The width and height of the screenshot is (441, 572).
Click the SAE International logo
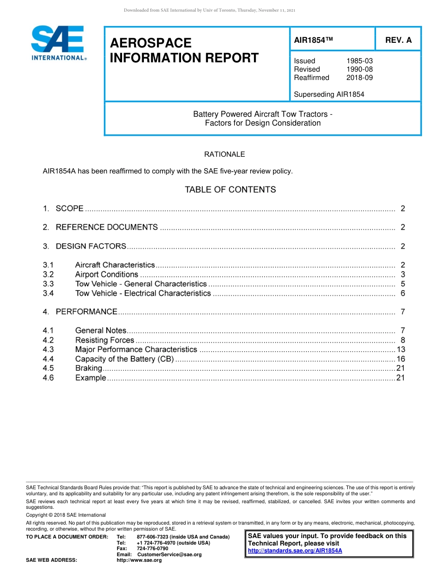pyautogui.click(x=58, y=43)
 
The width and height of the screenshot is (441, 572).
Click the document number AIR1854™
pyautogui.click(x=314, y=40)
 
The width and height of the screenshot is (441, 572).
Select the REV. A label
pyautogui.click(x=398, y=40)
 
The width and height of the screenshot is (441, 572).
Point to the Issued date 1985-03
pyautogui.click(x=359, y=61)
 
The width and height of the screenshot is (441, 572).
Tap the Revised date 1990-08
pyautogui.click(x=359, y=69)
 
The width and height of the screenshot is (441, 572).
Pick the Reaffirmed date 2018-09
pyautogui.click(x=359, y=78)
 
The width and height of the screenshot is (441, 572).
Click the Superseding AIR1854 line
pyautogui.click(x=329, y=94)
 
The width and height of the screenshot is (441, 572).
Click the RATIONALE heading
pyautogui.click(x=225, y=154)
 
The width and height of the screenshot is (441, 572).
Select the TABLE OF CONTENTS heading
pyautogui.click(x=230, y=190)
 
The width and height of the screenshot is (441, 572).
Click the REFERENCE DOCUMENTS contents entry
pyautogui.click(x=107, y=227)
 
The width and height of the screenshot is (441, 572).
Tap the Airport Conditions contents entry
pyautogui.click(x=107, y=274)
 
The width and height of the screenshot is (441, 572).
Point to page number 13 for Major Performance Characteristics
pyautogui.click(x=401, y=349)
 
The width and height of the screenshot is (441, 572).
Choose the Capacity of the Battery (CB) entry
pyautogui.click(x=124, y=359)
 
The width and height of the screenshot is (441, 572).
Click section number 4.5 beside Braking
pyautogui.click(x=48, y=368)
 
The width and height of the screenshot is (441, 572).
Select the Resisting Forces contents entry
pyautogui.click(x=104, y=340)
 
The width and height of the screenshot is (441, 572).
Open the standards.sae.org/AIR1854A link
pyautogui.click(x=295, y=551)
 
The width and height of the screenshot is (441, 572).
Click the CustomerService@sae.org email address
pyautogui.click(x=169, y=555)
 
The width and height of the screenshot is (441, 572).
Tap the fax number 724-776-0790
pyautogui.click(x=152, y=549)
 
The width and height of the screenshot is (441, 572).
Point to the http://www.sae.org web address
pyautogui.click(x=139, y=560)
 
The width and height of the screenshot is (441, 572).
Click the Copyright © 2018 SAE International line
pyautogui.click(x=66, y=515)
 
